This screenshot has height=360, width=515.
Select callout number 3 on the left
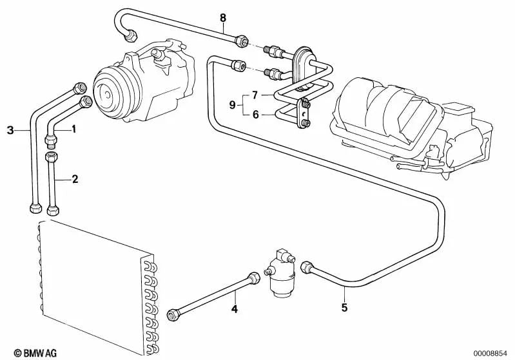point(10,130)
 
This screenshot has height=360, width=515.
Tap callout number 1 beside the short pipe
point(73,129)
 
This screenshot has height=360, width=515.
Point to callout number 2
point(75,179)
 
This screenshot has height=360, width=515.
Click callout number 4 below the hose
point(235,310)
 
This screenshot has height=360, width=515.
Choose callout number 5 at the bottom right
point(344,308)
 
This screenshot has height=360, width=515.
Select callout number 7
point(255,95)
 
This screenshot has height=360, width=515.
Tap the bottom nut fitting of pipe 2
point(54,209)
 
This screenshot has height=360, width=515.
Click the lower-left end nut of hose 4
point(173,314)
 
